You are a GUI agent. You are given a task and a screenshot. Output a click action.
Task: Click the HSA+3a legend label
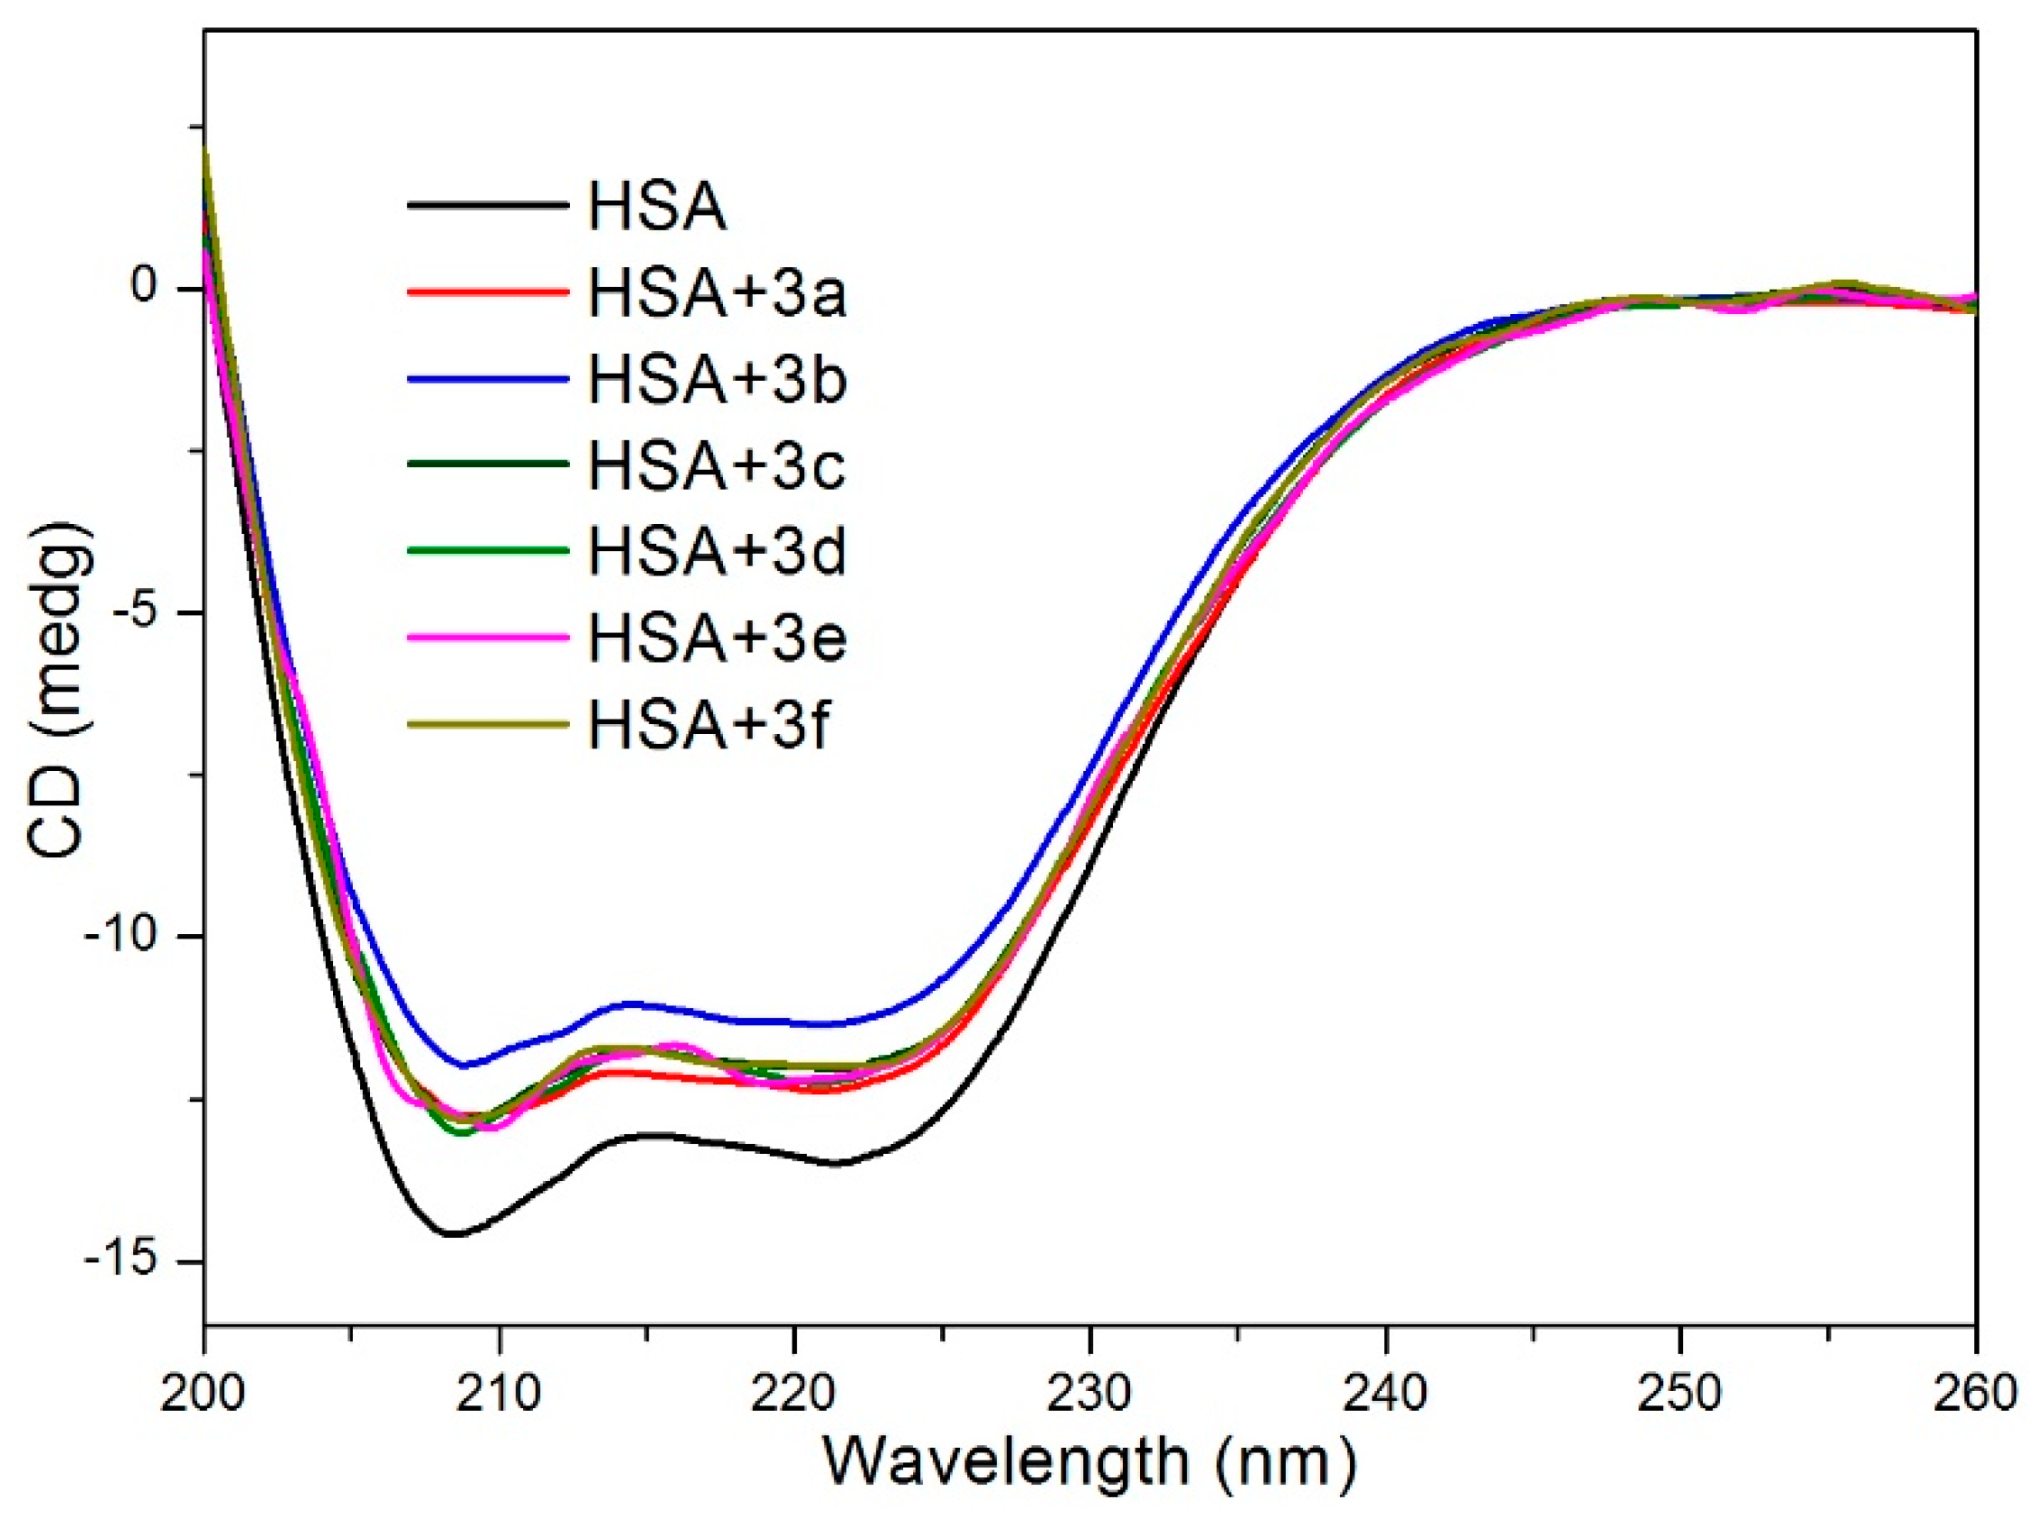pos(717,295)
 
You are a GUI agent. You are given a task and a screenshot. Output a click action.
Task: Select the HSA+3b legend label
pos(717,381)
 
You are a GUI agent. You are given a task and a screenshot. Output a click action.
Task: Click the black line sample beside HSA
pos(489,205)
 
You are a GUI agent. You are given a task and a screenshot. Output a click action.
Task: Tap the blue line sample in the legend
pos(489,376)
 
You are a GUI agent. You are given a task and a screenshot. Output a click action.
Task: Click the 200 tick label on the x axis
pos(203,1394)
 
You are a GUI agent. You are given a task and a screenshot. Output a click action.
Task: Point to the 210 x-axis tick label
pos(499,1394)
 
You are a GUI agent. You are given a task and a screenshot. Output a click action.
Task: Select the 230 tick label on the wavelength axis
pos(1088,1394)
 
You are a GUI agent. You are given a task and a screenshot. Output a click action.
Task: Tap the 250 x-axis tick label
pos(1680,1394)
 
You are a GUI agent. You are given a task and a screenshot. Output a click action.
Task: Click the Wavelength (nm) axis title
pos(1088,1462)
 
